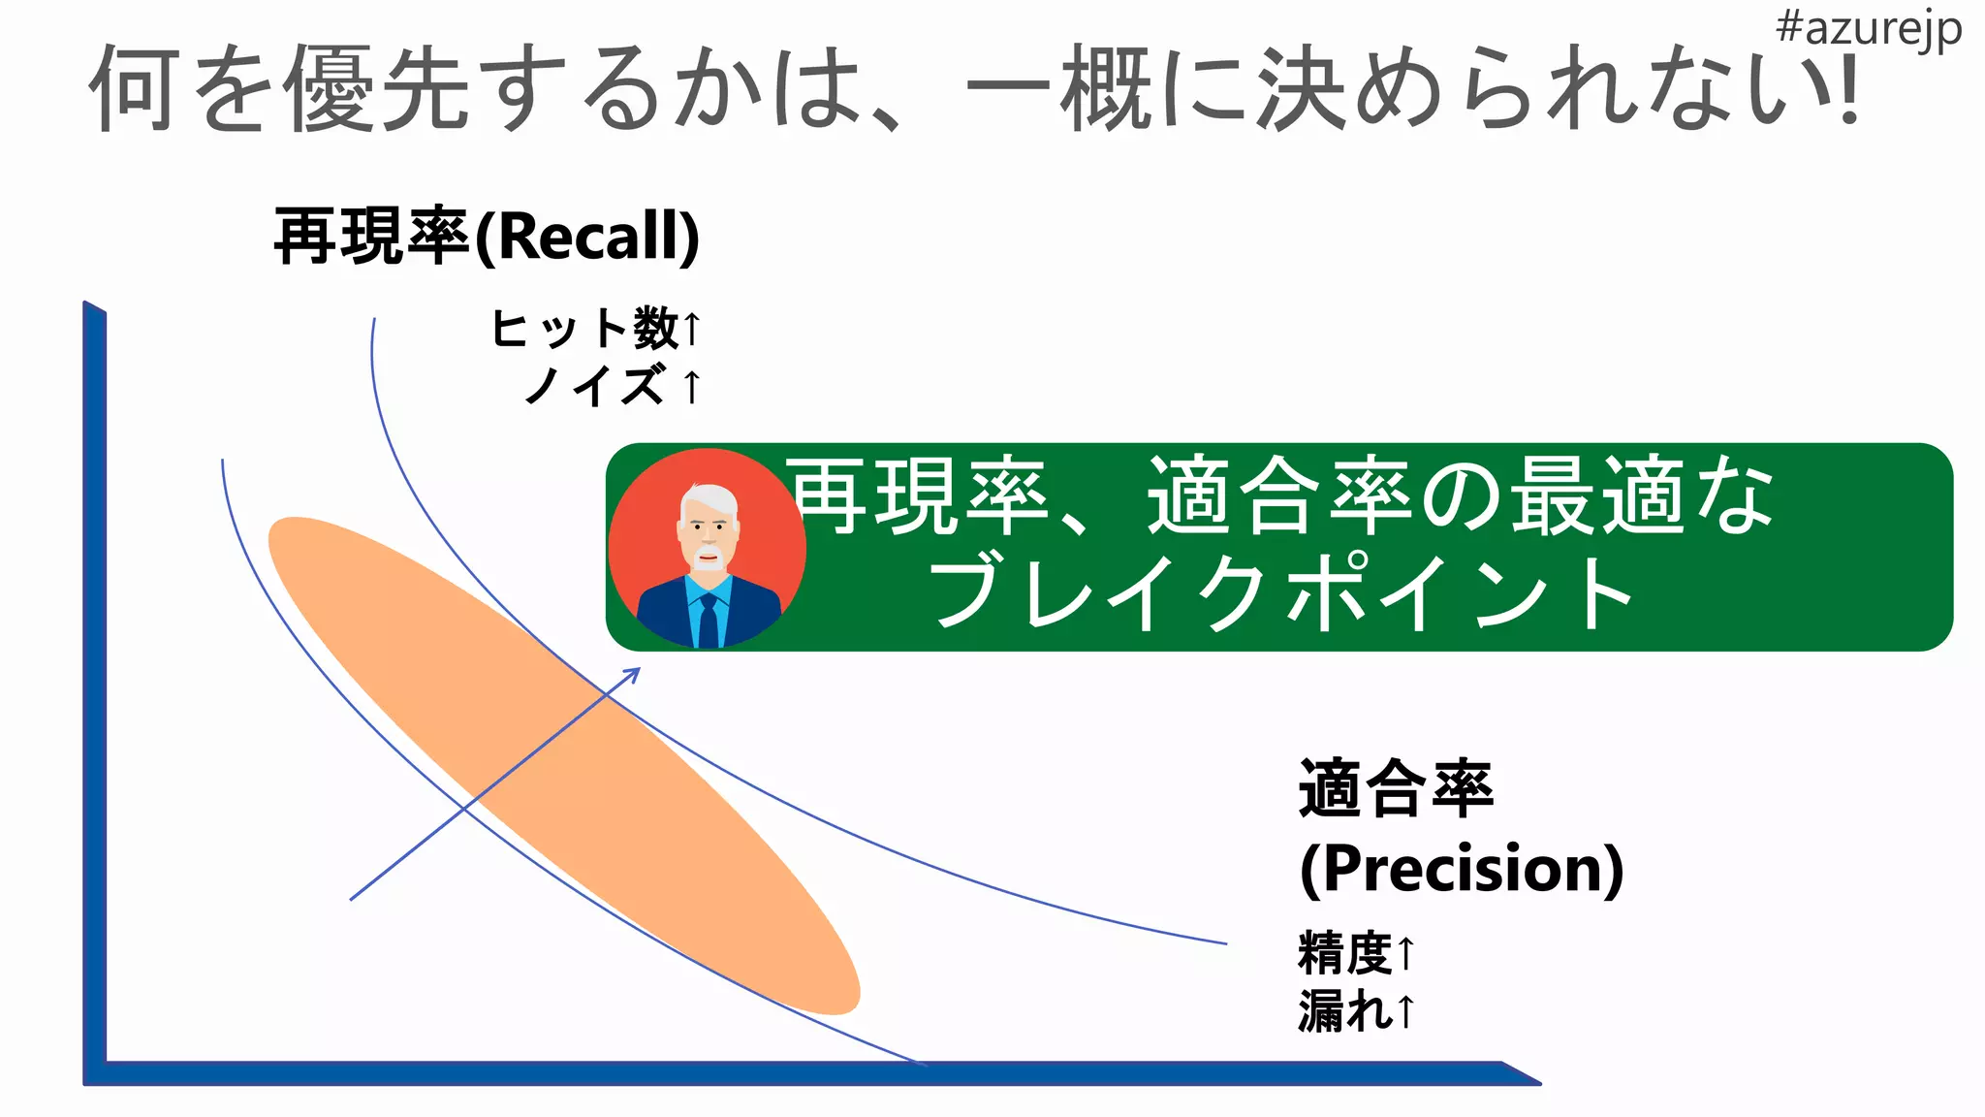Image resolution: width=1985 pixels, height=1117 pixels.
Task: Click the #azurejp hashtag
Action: click(x=1868, y=29)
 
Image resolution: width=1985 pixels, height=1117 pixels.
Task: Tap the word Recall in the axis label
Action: click(x=586, y=237)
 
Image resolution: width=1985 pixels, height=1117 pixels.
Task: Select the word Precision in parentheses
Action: click(x=1462, y=868)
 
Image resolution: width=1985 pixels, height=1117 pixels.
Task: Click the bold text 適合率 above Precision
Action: click(x=1396, y=789)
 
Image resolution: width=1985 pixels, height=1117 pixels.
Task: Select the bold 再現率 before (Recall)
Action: click(x=372, y=237)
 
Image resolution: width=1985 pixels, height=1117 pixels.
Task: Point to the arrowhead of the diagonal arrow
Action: click(x=634, y=672)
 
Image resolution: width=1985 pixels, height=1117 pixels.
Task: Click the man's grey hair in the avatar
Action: click(x=709, y=497)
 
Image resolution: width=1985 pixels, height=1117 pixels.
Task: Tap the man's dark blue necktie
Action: click(x=709, y=621)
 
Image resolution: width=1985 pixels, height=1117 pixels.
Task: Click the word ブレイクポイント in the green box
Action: click(x=1279, y=593)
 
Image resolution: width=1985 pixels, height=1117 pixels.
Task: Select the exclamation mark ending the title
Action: click(x=1849, y=89)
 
